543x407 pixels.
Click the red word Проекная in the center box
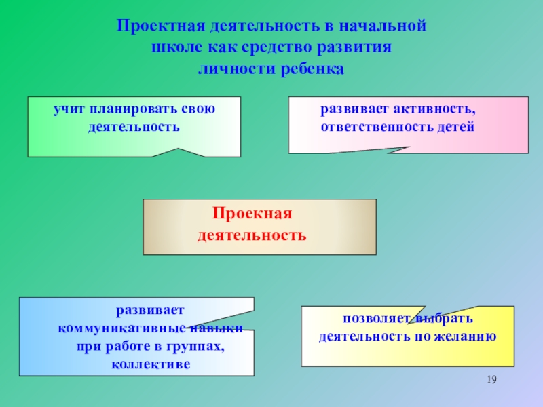252,214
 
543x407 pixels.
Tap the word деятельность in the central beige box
252,236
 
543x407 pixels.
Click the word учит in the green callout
69,109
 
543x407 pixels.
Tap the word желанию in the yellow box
464,336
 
